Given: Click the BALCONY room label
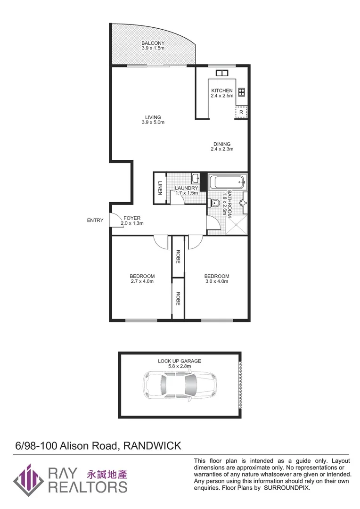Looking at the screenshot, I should pyautogui.click(x=153, y=43).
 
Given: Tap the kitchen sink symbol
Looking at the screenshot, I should pyautogui.click(x=221, y=73).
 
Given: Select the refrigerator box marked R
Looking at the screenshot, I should pyautogui.click(x=241, y=112).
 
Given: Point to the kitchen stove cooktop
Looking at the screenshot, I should pyautogui.click(x=242, y=92).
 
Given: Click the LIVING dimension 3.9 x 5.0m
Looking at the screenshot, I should pyautogui.click(x=153, y=123).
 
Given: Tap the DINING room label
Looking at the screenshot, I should pyautogui.click(x=221, y=144).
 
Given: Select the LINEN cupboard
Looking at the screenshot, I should pyautogui.click(x=160, y=188).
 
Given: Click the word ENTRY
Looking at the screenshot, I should pyautogui.click(x=95, y=220).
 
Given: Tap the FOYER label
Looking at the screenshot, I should pyautogui.click(x=132, y=218).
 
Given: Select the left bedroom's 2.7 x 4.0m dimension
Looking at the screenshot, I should pyautogui.click(x=142, y=281).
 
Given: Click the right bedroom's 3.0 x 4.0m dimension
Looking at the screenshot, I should pyautogui.click(x=216, y=281).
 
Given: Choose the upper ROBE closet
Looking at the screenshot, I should pyautogui.click(x=178, y=256).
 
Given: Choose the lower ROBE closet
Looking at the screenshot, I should pyautogui.click(x=178, y=298).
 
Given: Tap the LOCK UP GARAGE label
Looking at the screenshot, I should pyautogui.click(x=179, y=361).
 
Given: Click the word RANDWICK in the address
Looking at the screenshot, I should pyautogui.click(x=152, y=446).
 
